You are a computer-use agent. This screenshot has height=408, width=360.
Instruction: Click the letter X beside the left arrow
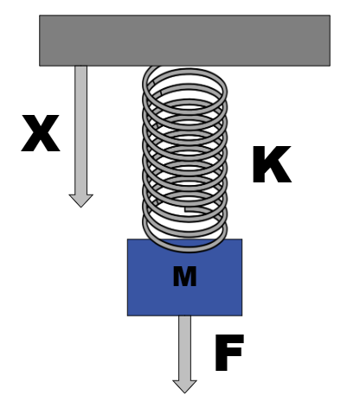click(x=41, y=136)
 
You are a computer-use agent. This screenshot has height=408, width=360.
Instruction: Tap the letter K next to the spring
click(x=271, y=166)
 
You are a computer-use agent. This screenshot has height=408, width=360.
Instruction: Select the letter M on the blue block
click(x=184, y=277)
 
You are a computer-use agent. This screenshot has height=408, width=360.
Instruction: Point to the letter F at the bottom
click(x=228, y=355)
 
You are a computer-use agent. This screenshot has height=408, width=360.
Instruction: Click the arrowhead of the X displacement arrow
click(x=80, y=200)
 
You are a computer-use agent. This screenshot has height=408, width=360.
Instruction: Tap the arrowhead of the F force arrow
click(x=184, y=386)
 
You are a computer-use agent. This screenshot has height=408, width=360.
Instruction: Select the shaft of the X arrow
click(x=80, y=130)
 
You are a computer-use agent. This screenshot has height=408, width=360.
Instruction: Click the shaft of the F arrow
click(x=184, y=347)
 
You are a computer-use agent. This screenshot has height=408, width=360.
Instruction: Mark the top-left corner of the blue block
click(x=128, y=240)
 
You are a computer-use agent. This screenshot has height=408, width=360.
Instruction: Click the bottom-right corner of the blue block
click(x=241, y=315)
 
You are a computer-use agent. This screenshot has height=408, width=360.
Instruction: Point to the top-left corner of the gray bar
click(x=40, y=16)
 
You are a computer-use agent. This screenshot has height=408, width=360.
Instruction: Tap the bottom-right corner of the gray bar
click(x=329, y=65)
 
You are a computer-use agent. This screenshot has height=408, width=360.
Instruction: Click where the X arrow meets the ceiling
click(x=80, y=67)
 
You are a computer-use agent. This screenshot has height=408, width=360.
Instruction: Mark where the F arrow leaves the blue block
click(x=184, y=316)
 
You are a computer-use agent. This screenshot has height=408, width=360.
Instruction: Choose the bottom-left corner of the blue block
click(x=128, y=315)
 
